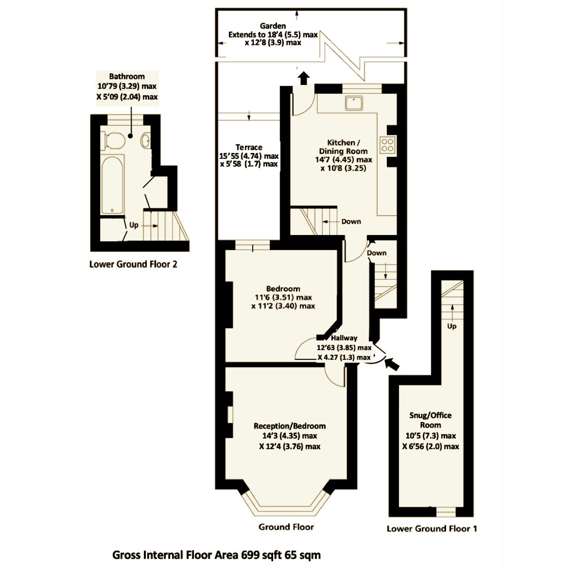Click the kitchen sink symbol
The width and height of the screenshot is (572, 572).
[354, 102]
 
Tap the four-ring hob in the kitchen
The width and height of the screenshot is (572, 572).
[388, 145]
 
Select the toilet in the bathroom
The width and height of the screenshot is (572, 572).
[113, 141]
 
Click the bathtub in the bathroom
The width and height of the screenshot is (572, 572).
[112, 184]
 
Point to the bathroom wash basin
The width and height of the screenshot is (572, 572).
[145, 140]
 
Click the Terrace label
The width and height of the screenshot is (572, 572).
[249, 147]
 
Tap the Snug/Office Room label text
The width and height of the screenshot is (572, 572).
[430, 420]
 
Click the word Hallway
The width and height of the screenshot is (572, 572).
[344, 338]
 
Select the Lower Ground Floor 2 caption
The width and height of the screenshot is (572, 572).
[133, 264]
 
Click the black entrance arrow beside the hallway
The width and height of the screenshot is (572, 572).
[392, 364]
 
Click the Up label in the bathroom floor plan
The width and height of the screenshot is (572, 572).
[134, 225]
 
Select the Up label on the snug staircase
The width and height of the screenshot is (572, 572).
[452, 326]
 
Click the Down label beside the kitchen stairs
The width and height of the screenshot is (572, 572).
[351, 222]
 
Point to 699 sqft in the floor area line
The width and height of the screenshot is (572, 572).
[261, 555]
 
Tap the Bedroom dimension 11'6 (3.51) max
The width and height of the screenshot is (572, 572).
[283, 297]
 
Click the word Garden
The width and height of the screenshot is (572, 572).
[273, 26]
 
